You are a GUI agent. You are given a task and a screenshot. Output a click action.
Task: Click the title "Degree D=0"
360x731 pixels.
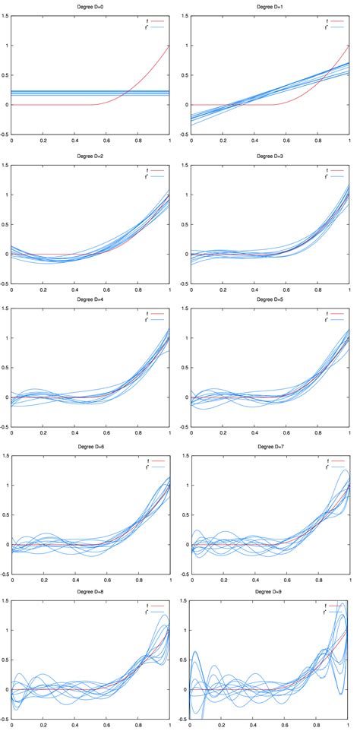click(x=90, y=7)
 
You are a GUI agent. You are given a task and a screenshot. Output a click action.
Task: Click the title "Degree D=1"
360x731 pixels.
click(x=270, y=7)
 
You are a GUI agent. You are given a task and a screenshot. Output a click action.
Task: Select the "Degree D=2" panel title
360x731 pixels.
click(x=90, y=156)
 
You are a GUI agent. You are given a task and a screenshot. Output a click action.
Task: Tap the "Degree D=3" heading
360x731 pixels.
click(x=270, y=156)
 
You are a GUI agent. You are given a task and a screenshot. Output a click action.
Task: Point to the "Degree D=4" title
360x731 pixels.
click(x=90, y=302)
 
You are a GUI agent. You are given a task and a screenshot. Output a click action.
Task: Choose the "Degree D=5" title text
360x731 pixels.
click(x=270, y=302)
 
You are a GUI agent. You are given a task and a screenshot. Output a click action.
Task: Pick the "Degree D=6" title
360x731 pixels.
click(x=90, y=449)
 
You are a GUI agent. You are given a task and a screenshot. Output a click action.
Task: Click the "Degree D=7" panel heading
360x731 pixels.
click(x=270, y=449)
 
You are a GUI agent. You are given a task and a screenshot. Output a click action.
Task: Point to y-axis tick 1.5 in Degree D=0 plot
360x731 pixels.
click(x=5, y=17)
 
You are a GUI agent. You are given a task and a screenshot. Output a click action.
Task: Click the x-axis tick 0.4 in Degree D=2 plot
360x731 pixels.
click(x=74, y=290)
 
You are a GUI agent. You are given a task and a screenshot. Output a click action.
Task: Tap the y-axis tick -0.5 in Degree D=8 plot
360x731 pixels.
click(x=5, y=719)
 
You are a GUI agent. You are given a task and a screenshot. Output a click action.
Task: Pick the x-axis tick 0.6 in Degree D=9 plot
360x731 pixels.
click(x=286, y=725)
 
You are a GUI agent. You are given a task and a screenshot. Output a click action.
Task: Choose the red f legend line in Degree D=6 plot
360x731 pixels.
click(x=156, y=461)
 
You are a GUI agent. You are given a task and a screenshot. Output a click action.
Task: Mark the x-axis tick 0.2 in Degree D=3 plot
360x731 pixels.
click(x=223, y=290)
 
